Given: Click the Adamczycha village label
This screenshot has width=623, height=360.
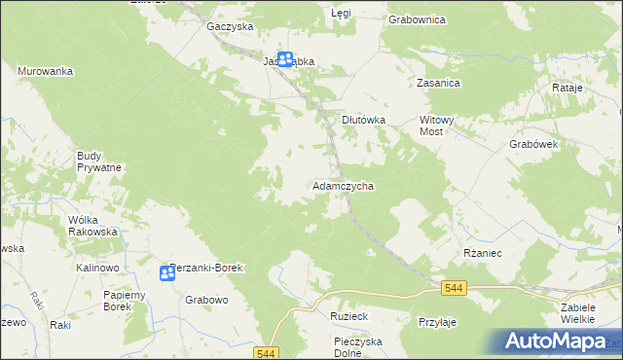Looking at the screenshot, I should point(343,185).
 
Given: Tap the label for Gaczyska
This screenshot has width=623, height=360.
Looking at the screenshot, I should point(230,27).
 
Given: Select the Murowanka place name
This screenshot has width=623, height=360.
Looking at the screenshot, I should point(46,71).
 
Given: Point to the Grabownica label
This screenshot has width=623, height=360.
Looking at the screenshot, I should point(417,19).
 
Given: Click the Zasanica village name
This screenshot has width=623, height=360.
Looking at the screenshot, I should point(438,84).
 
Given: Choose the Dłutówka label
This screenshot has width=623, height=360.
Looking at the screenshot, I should point(364,120).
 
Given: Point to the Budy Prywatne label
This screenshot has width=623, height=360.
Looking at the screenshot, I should point(99,161).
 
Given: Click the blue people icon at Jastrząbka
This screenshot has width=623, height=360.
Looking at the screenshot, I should point(285,59).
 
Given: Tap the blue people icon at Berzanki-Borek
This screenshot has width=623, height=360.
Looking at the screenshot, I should point(166,272).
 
